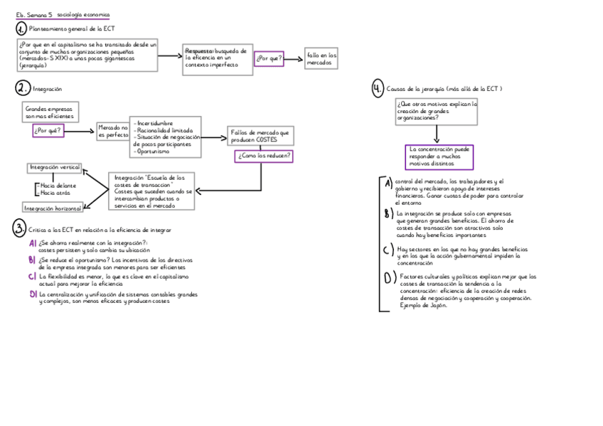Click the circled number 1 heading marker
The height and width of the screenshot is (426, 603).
(21, 28)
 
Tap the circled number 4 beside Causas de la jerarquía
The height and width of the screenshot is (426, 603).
(378, 89)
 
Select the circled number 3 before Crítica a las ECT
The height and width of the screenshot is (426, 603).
(19, 229)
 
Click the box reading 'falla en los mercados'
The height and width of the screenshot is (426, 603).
(321, 59)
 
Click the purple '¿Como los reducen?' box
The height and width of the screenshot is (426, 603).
(264, 156)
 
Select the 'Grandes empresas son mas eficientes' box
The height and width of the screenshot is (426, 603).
(50, 112)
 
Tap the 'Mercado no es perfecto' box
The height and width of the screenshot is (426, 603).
(112, 131)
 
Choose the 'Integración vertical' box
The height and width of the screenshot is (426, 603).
(54, 168)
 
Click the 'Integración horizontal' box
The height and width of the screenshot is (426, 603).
(53, 208)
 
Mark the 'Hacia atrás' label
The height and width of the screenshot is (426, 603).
(57, 193)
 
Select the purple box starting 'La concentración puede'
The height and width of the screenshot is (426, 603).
(439, 156)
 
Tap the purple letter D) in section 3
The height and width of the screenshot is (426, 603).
(33, 294)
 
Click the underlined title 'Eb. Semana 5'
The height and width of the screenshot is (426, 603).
(34, 15)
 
